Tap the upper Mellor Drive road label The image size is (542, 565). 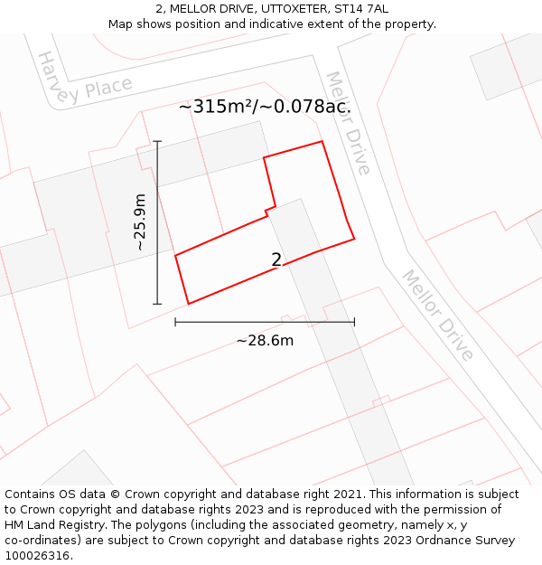(348, 123)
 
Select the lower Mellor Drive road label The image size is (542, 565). (438, 315)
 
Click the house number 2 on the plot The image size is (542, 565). (276, 260)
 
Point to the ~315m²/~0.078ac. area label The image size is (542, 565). (265, 107)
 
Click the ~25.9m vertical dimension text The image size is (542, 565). (139, 222)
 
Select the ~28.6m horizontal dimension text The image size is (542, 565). (265, 341)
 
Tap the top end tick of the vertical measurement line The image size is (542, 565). (157, 141)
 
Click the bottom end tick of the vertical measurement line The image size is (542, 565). (157, 304)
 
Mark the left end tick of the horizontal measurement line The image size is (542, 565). (175, 322)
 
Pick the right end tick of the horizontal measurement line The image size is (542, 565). (354, 322)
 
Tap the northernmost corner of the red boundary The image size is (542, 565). (322, 142)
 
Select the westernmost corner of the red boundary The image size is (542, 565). (175, 255)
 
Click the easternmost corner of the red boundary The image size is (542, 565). (354, 239)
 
